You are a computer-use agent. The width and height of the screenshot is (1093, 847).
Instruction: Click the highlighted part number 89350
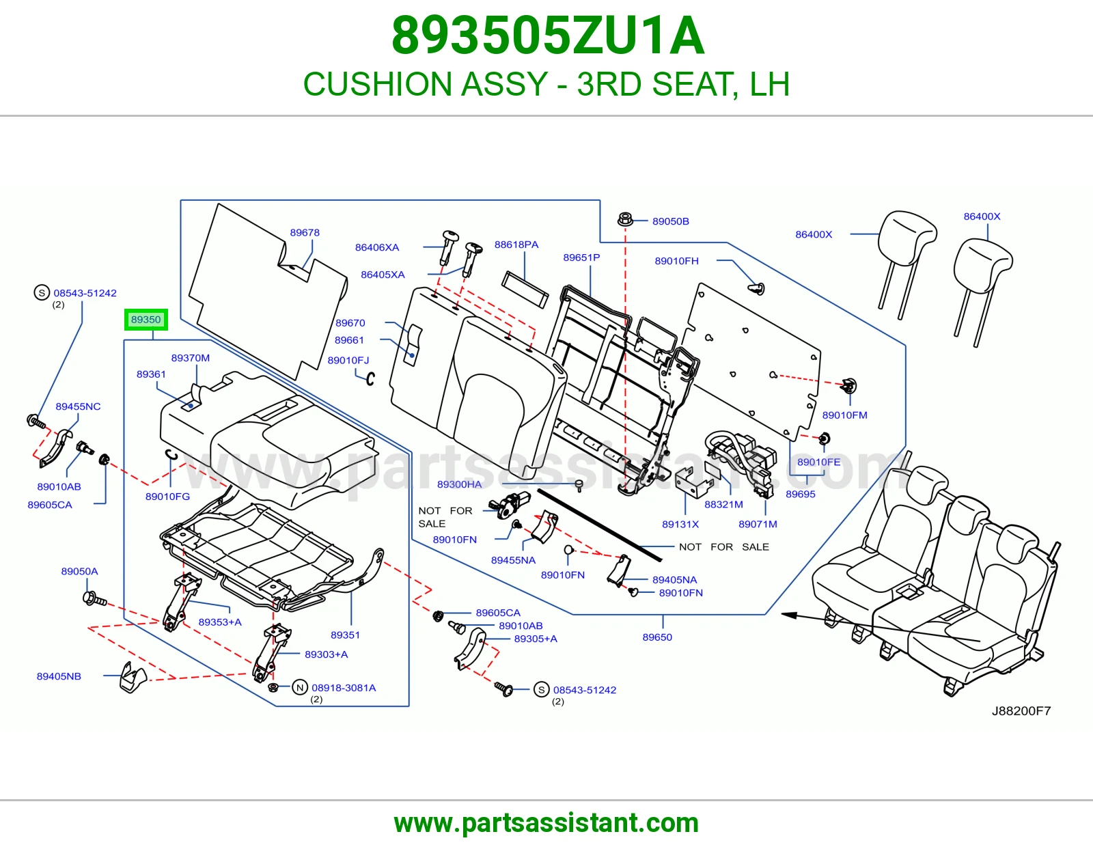click(x=146, y=320)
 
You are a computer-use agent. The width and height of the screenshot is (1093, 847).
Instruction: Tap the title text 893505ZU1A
click(x=548, y=36)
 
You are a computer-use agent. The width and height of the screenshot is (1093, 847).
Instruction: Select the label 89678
click(x=304, y=232)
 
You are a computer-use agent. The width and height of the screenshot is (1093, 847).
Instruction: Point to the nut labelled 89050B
click(x=624, y=219)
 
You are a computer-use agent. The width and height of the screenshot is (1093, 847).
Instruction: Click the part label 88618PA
click(x=516, y=245)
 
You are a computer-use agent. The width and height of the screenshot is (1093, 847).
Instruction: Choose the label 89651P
click(x=581, y=258)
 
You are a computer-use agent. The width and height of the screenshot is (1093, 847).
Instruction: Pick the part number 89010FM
click(x=844, y=415)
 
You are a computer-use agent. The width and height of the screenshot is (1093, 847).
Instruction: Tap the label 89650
click(x=657, y=637)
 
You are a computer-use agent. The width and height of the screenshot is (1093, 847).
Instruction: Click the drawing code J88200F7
click(x=1021, y=710)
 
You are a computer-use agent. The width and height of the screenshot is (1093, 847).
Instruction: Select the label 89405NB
click(x=59, y=676)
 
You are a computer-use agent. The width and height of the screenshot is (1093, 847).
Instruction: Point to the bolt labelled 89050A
click(x=94, y=599)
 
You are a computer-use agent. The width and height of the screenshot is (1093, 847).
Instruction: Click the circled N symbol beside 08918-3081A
click(x=300, y=688)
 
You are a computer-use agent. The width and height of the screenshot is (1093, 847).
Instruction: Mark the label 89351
click(x=345, y=635)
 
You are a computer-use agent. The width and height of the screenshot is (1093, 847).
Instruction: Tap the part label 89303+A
click(x=326, y=654)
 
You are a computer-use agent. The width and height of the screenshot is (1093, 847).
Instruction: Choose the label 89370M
click(x=190, y=358)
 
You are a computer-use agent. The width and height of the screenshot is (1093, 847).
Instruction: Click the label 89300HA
click(x=459, y=484)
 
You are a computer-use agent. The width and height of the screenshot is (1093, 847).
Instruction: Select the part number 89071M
click(x=758, y=524)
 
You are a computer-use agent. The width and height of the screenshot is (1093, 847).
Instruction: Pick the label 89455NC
click(x=78, y=406)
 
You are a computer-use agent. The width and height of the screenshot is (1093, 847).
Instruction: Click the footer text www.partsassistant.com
click(x=546, y=823)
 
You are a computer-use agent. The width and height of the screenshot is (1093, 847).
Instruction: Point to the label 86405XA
click(x=383, y=275)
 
